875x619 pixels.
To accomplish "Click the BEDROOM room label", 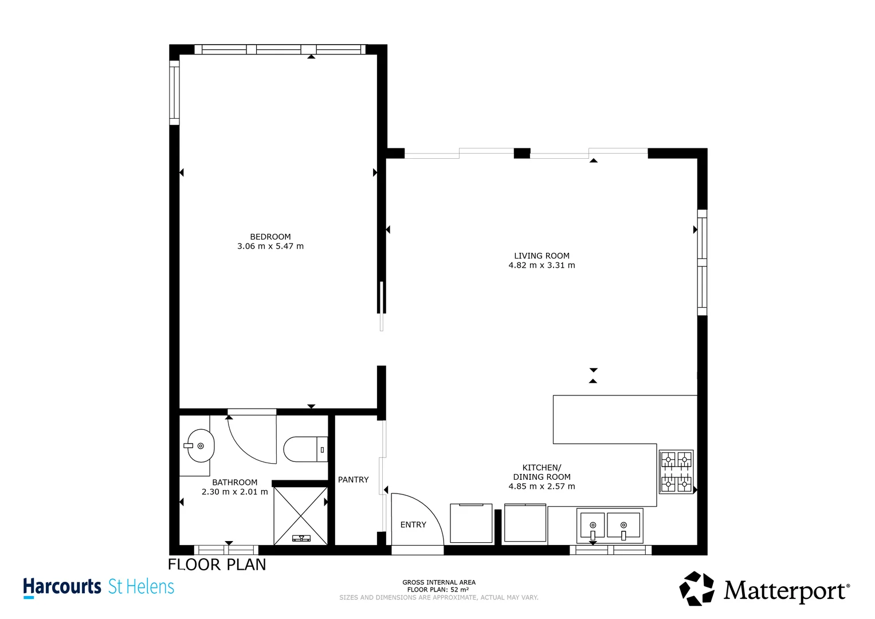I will (270, 237).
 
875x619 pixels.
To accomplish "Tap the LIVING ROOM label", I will (542, 256).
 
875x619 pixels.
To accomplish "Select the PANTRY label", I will (353, 480).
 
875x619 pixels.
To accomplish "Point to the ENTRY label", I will (413, 524).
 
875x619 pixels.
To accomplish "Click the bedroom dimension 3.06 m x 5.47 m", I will (270, 246).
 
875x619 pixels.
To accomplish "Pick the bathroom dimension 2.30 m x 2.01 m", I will (234, 492).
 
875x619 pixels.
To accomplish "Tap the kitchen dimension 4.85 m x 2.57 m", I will (542, 487).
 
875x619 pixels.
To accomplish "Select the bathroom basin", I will (201, 445).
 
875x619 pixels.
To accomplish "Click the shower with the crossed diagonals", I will (301, 515).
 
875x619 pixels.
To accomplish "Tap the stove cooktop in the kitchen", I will (676, 472).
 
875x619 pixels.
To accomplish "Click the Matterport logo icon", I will (697, 588).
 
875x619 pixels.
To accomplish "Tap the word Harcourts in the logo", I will (62, 587).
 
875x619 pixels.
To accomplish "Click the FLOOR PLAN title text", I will (217, 565).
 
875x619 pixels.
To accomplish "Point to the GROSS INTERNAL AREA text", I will (438, 582).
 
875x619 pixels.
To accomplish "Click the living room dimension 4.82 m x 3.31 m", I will (542, 265).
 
